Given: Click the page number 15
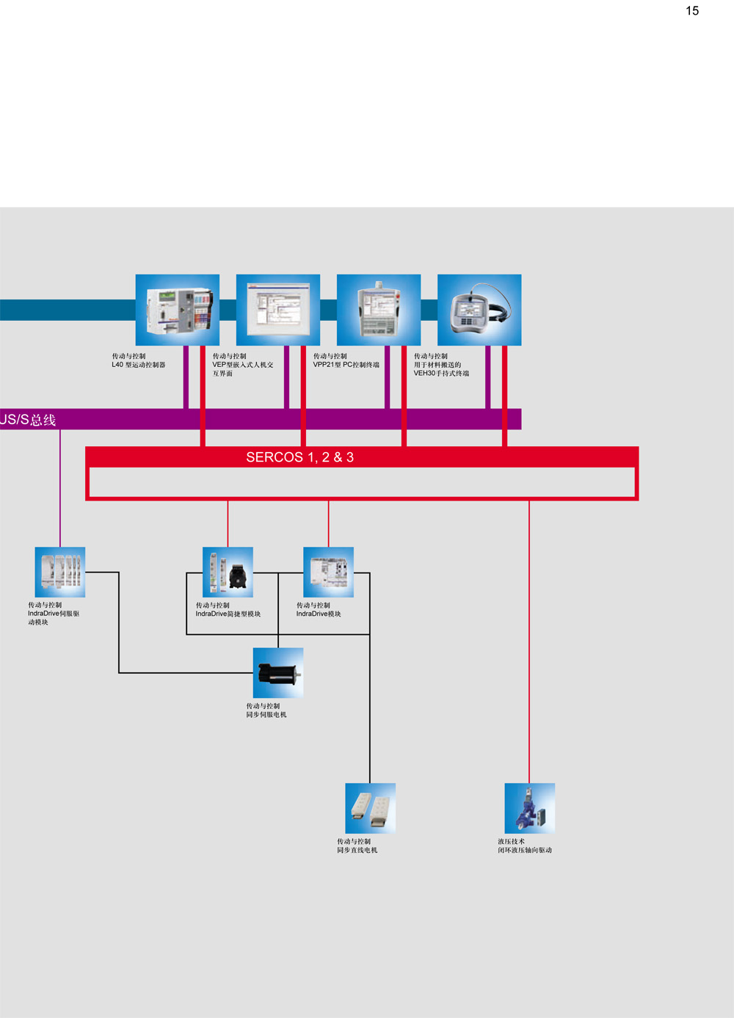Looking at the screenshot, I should tap(692, 11).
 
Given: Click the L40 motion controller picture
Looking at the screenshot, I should tap(178, 310).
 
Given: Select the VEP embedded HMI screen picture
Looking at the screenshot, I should tap(278, 310).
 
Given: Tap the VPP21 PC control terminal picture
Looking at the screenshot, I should tap(379, 310).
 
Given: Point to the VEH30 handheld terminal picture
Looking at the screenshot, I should tap(479, 310).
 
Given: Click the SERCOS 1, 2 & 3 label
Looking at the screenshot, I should tap(299, 457).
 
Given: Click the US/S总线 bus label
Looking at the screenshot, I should tap(28, 420).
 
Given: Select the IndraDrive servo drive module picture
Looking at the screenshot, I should tap(60, 572).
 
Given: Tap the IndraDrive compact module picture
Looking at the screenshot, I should tap(228, 572).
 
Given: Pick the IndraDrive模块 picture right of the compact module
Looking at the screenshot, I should tap(328, 572).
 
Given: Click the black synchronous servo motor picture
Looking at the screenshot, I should tap(278, 672).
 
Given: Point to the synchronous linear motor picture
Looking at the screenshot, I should tap(370, 807).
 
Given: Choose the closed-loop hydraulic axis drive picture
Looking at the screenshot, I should tap(529, 807).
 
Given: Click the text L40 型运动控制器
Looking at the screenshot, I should tap(139, 365).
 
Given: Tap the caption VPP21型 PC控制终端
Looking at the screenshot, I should tap(346, 365).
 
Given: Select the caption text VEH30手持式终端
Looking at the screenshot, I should tap(441, 374).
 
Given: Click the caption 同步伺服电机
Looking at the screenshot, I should tap(266, 715).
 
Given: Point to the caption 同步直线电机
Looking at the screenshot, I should tap(357, 851).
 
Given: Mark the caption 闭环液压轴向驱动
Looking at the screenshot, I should tap(525, 851).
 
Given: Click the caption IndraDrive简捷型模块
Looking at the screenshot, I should tap(228, 614).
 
